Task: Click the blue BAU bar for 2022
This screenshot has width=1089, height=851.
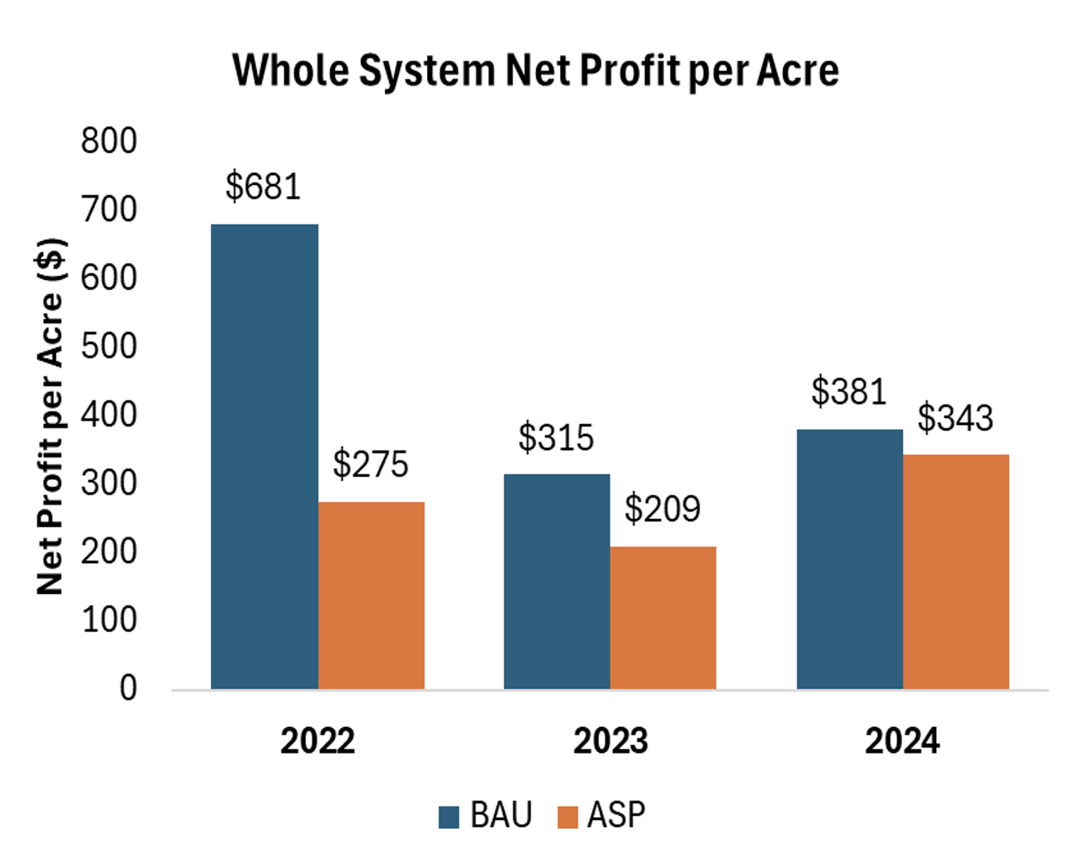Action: pos(264,457)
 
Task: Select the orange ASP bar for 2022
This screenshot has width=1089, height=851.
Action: pos(371,595)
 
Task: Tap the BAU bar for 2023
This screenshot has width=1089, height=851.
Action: pos(557,581)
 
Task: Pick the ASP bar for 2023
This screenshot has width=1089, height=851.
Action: pos(663,617)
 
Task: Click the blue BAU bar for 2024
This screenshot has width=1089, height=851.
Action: pos(850,559)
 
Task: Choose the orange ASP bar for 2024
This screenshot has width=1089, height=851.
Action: pos(956,571)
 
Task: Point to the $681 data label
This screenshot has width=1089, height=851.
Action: pos(263,187)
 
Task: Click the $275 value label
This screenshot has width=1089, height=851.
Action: pos(371,464)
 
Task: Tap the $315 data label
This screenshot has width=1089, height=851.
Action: pos(556,438)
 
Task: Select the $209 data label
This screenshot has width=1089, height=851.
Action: pos(663,509)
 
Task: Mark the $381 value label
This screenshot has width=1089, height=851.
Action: pos(849,392)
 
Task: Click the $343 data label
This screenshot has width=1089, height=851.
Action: pos(956,418)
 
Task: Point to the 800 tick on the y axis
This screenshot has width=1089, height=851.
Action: pos(108,141)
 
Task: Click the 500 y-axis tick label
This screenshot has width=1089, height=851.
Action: pos(108,346)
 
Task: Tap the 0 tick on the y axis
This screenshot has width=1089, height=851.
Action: pos(128,688)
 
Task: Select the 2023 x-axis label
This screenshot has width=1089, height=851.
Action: pos(610,741)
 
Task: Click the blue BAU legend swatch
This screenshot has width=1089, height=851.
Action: pos(449,816)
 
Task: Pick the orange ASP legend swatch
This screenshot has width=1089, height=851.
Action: pos(568,816)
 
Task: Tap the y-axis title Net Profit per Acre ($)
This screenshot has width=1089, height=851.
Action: pos(50,416)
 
